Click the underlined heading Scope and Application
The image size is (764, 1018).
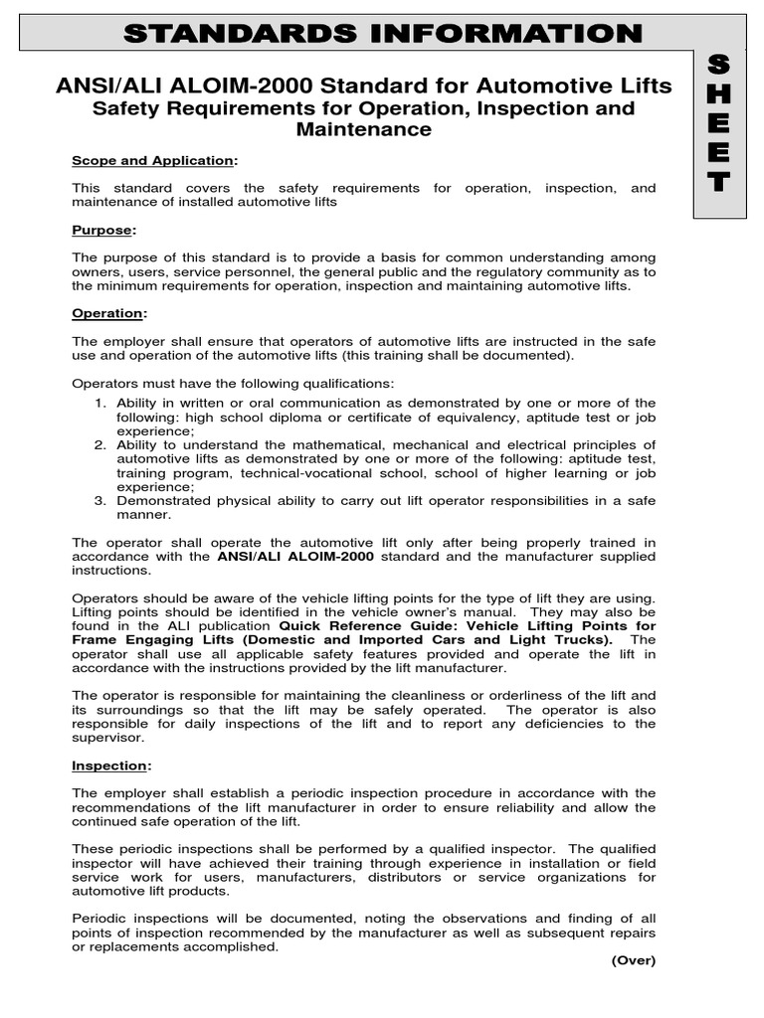pyautogui.click(x=154, y=161)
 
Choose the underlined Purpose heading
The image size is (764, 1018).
pyautogui.click(x=102, y=230)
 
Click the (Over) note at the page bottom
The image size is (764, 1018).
pyautogui.click(x=633, y=960)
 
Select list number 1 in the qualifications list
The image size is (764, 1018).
pyautogui.click(x=100, y=404)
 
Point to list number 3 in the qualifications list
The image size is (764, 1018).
pyautogui.click(x=100, y=501)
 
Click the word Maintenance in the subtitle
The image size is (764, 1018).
pyautogui.click(x=364, y=129)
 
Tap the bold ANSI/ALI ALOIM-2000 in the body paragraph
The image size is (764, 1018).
pyautogui.click(x=295, y=557)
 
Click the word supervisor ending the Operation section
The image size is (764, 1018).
pyautogui.click(x=107, y=738)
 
